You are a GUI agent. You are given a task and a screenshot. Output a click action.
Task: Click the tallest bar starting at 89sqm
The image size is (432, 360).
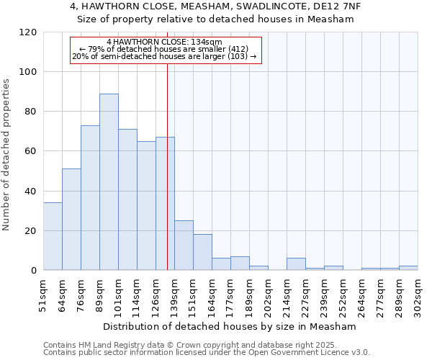click(109, 182)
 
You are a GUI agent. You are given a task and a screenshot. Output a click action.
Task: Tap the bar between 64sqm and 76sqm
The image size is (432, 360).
click(71, 220)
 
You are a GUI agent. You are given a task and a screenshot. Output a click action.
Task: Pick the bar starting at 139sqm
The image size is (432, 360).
click(184, 246)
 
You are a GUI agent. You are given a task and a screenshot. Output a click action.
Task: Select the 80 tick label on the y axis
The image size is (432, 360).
click(30, 112)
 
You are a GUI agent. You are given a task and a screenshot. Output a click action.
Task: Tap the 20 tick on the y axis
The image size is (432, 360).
click(30, 231)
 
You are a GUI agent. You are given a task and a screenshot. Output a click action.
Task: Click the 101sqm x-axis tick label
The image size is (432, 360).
click(118, 294)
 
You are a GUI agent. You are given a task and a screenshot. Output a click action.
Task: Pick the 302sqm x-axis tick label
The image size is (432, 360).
click(418, 294)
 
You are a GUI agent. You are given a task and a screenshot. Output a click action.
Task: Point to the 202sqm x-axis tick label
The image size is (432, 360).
click(268, 294)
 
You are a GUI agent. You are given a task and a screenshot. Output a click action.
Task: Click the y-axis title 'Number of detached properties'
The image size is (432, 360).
click(6, 155)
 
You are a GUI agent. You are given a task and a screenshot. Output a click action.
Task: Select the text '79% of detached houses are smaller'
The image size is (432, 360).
click(165, 49)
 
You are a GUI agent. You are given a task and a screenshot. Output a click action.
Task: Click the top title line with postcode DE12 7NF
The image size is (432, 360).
click(215, 6)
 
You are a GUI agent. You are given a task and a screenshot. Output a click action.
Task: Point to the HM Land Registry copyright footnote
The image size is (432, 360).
click(205, 345)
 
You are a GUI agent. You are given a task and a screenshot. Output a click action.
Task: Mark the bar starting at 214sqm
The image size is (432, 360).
click(296, 264)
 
